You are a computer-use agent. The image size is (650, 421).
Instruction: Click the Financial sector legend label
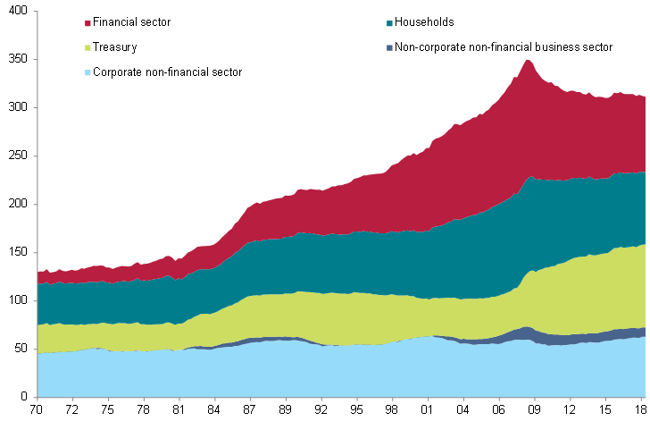pyautogui.click(x=132, y=21)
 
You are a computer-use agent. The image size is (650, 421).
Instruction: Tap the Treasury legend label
pyautogui.click(x=115, y=46)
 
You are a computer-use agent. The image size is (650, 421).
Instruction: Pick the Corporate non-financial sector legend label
pyautogui.click(x=168, y=72)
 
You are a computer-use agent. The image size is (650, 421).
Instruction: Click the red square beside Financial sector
pyautogui.click(x=87, y=22)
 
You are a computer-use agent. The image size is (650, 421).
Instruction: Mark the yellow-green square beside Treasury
pyautogui.click(x=87, y=47)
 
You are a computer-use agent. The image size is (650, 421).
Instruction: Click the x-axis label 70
pyautogui.click(x=37, y=410)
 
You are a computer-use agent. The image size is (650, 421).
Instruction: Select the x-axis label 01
pyautogui.click(x=427, y=410)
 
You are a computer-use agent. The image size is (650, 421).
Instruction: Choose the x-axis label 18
pyautogui.click(x=640, y=410)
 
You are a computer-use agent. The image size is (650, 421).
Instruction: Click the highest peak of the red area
pyautogui.click(x=528, y=61)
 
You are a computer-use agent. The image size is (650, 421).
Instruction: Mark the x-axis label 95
pyautogui.click(x=357, y=410)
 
